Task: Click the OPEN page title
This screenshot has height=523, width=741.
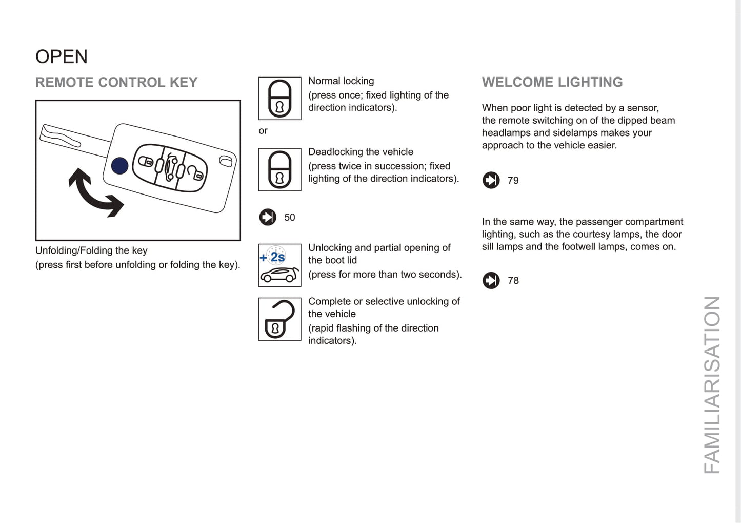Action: coord(62,56)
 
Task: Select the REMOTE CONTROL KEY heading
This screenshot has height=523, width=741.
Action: coord(116,83)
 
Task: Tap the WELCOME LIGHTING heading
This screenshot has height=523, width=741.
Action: coord(552,82)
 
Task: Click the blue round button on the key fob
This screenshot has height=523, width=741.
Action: coord(120,166)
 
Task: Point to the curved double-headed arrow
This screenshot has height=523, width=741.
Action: coord(95,193)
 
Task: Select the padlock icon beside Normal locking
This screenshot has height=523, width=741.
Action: coord(279,99)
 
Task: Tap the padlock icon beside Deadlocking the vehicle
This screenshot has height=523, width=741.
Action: coord(279,170)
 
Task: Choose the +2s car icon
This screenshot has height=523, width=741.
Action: coord(279,265)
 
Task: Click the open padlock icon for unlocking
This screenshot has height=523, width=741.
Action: coord(279,319)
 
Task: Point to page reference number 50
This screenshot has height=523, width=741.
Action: coord(290,218)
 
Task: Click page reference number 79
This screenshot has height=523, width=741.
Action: coord(513,181)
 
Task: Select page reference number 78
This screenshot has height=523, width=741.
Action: coord(513,281)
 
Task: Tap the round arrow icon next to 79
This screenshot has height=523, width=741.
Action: coord(491,180)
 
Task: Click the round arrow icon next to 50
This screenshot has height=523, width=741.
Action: coord(268,217)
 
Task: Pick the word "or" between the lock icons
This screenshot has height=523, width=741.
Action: coord(263,131)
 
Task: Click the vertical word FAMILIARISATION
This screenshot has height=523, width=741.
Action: coord(712,385)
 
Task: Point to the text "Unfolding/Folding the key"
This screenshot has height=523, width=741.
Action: coord(91,250)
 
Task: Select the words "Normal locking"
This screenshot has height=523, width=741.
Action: coord(341,81)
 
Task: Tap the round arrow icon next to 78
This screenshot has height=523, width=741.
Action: coord(491,280)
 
